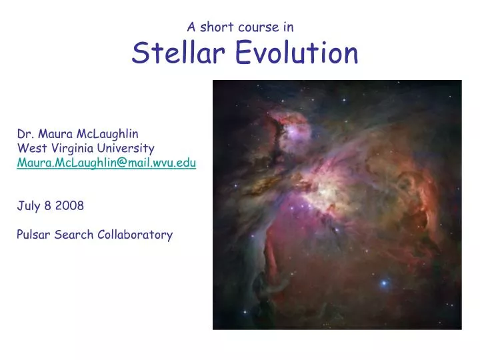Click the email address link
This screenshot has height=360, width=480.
point(107,162)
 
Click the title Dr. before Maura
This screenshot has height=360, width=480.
point(24,133)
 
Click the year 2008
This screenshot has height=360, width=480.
point(70,205)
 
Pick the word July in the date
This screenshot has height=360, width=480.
point(27,205)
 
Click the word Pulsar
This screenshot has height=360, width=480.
point(32,235)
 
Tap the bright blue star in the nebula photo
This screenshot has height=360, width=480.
point(384,283)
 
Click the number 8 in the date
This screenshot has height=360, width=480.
point(48,205)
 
